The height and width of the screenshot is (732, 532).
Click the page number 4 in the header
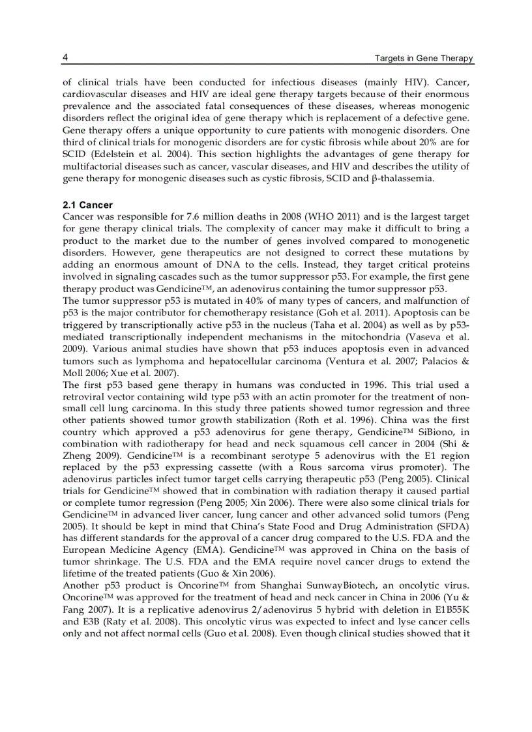click(x=65, y=58)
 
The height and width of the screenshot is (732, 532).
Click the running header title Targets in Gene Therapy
click(x=424, y=59)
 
